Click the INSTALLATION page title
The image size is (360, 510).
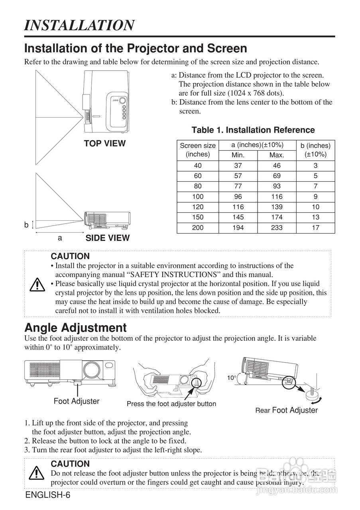click(x=79, y=25)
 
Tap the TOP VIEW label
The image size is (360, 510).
click(x=104, y=143)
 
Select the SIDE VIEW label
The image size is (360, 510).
click(x=107, y=238)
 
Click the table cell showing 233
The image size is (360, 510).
click(x=277, y=228)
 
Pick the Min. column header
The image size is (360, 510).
click(x=238, y=155)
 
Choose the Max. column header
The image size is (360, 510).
click(x=277, y=155)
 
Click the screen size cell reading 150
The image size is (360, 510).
click(x=198, y=217)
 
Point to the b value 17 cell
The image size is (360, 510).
click(x=315, y=228)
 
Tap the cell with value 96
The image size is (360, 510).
click(x=238, y=196)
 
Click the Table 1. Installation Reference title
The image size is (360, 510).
click(x=253, y=130)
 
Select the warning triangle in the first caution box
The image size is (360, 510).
click(x=37, y=284)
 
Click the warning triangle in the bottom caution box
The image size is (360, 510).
click(x=37, y=473)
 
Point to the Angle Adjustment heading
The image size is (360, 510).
click(x=75, y=328)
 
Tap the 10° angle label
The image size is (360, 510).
click(x=232, y=378)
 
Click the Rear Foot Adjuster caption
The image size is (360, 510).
click(x=286, y=410)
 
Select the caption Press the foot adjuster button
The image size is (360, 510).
click(x=171, y=404)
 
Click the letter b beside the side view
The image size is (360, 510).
click(x=26, y=225)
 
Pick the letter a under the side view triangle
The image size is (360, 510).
click(x=60, y=238)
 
